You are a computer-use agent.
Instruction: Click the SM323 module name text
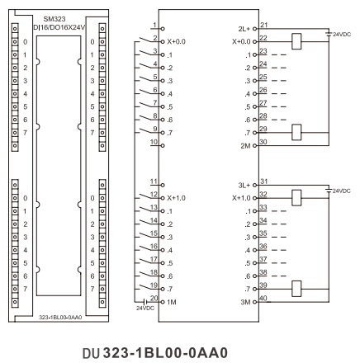pyautogui.click(x=54, y=19)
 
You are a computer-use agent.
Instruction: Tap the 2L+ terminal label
pyautogui.click(x=244, y=29)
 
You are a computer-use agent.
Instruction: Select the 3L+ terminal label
pyautogui.click(x=244, y=186)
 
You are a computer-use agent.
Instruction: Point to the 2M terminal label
pyautogui.click(x=245, y=146)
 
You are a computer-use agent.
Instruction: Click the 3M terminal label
pyautogui.click(x=245, y=302)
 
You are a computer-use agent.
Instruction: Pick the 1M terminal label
pyautogui.click(x=172, y=302)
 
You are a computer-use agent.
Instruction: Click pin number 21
pyautogui.click(x=263, y=25)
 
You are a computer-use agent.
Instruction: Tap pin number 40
pyautogui.click(x=263, y=298)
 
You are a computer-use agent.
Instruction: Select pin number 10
pyautogui.click(x=154, y=142)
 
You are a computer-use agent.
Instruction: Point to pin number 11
pyautogui.click(x=154, y=181)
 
